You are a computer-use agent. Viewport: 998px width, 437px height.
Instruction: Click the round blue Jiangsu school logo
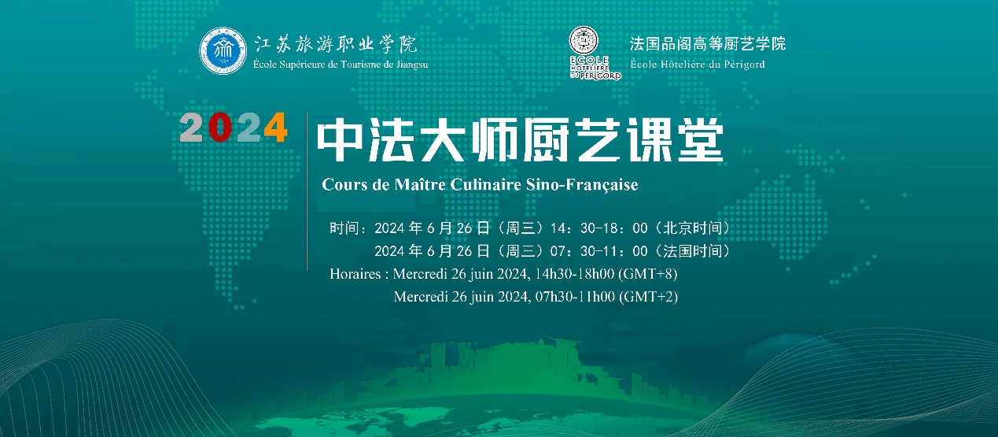click(223, 50)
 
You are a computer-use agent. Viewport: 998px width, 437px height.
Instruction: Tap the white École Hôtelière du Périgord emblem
click(595, 53)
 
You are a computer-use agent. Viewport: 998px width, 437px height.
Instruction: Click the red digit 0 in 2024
click(220, 128)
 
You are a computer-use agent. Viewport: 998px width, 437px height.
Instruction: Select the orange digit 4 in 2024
click(275, 128)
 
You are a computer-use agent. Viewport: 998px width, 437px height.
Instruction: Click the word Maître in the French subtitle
click(420, 184)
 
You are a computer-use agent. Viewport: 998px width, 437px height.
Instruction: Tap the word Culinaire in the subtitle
click(486, 184)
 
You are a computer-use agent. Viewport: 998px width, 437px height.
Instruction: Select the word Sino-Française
click(582, 184)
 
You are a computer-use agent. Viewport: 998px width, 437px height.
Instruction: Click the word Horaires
click(355, 274)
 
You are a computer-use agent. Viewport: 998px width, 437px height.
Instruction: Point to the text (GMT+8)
click(648, 274)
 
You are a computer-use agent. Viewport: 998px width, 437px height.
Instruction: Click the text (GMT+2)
click(649, 297)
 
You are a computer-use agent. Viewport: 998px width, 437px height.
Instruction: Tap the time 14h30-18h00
click(575, 274)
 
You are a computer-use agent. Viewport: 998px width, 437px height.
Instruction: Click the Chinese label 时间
click(344, 228)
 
